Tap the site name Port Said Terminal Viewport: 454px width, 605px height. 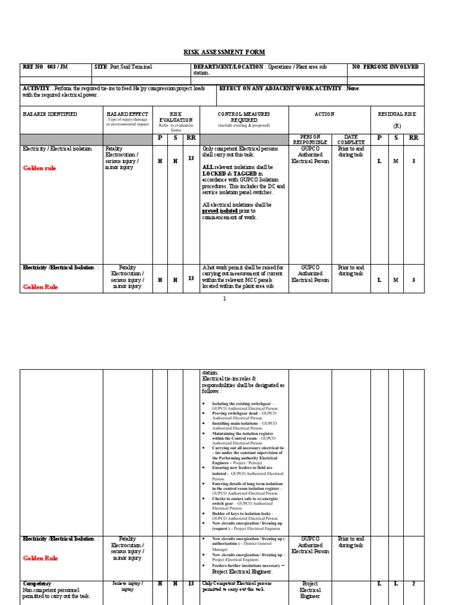pyautogui.click(x=128, y=67)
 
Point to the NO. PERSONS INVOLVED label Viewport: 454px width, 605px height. pyautogui.click(x=385, y=67)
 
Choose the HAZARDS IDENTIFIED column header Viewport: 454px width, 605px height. pyautogui.click(x=50, y=114)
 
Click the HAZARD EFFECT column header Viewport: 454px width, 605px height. pyautogui.click(x=127, y=114)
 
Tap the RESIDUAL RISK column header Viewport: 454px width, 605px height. pyautogui.click(x=397, y=114)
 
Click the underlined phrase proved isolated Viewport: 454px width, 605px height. pyautogui.click(x=220, y=211)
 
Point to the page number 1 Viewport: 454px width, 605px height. pyautogui.click(x=225, y=299)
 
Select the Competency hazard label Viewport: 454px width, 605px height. pyautogui.click(x=38, y=583)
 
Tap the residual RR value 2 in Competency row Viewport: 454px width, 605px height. pyautogui.click(x=413, y=584)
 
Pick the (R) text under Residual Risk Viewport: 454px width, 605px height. pyautogui.click(x=397, y=126)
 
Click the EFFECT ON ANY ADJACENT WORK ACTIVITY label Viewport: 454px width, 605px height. pyautogui.click(x=281, y=89)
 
